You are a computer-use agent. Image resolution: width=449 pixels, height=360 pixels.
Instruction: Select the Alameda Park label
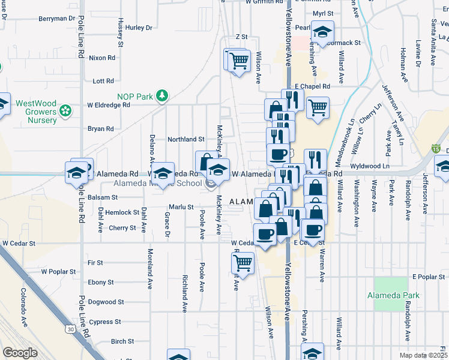394,295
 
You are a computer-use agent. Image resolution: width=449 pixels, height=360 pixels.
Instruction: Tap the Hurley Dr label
139,28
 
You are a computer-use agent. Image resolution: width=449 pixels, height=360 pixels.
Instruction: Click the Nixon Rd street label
101,58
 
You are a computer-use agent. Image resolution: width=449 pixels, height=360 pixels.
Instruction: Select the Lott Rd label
103,81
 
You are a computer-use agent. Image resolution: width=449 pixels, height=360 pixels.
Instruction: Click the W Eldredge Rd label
108,104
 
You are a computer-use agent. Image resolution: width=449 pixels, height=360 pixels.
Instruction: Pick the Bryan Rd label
101,128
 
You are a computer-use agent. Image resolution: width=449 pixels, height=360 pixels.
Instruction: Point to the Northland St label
186,139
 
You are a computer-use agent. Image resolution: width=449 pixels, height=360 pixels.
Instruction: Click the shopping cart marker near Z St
239,61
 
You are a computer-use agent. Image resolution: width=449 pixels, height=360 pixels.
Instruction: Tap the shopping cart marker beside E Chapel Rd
318,109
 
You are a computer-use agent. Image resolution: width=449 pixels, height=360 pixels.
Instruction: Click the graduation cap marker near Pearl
323,34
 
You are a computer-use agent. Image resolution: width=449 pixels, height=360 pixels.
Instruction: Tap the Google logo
20,353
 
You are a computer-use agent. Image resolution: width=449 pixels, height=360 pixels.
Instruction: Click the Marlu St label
181,207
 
